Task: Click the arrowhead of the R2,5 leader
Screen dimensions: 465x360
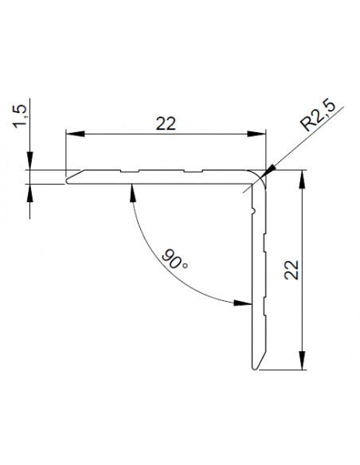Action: (269, 169)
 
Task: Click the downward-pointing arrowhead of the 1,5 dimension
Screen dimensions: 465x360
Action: (30, 164)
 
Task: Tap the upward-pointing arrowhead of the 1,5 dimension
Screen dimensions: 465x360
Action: (30, 191)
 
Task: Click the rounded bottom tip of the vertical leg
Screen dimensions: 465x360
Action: (255, 368)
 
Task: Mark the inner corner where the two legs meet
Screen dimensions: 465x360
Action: (250, 184)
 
